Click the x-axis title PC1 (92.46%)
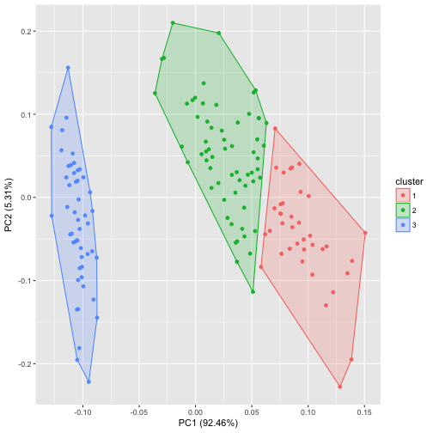[x=208, y=424]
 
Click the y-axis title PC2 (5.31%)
[x=9, y=204]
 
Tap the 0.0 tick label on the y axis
[x=26, y=198]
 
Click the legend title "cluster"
[x=401, y=182]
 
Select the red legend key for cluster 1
[x=402, y=196]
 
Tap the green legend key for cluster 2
[x=402, y=210]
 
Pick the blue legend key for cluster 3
[x=402, y=225]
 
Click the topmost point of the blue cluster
[x=68, y=67]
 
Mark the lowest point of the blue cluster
[x=88, y=381]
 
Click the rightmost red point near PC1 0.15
[x=365, y=232]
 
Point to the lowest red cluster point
[x=340, y=387]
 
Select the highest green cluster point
[x=173, y=23]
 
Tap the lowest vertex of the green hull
[x=253, y=292]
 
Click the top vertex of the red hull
[x=275, y=129]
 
